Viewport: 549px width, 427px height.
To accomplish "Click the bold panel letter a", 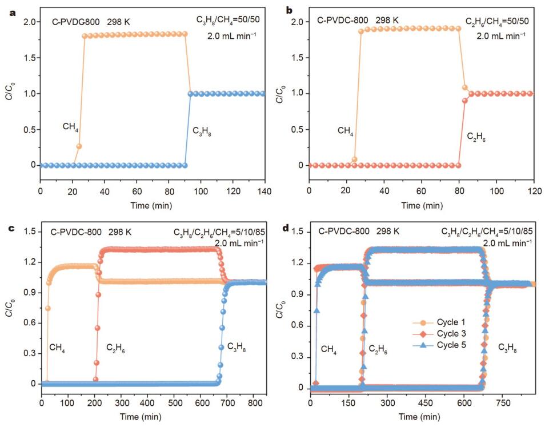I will point(13,10).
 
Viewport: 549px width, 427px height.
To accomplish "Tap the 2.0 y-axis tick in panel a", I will point(28,22).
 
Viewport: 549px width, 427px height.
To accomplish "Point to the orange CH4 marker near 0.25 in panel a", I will point(79,146).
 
